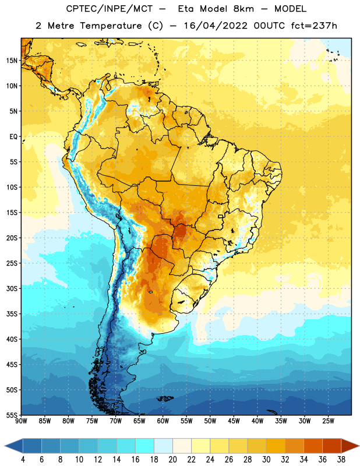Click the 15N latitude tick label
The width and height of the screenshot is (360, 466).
[x=11, y=61]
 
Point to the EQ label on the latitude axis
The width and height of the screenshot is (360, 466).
[x=13, y=137]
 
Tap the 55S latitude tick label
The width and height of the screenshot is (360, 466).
[x=12, y=415]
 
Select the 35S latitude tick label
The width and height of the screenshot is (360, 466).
[x=12, y=314]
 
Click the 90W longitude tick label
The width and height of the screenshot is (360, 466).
[x=21, y=421]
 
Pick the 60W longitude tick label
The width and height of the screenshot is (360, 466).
[x=163, y=421]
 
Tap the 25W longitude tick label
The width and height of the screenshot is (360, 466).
[x=328, y=421]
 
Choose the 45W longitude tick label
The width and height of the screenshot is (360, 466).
[x=234, y=421]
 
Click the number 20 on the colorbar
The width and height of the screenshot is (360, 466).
[x=172, y=460]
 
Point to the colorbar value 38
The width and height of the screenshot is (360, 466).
[x=341, y=460]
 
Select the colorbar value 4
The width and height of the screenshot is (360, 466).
[x=23, y=460]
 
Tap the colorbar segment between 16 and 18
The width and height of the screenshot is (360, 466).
[x=145, y=446]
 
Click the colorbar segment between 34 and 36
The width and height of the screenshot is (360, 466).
[x=313, y=446]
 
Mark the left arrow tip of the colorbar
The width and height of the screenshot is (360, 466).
[x=5, y=446]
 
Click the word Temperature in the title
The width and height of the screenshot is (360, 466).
[x=111, y=26]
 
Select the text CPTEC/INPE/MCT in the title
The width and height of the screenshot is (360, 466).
[x=110, y=9]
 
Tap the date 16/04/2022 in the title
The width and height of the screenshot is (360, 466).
[x=216, y=26]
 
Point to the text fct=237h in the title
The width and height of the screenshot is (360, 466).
[x=314, y=26]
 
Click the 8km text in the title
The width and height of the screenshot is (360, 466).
[x=243, y=9]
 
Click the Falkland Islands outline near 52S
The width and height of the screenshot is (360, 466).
[x=165, y=398]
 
